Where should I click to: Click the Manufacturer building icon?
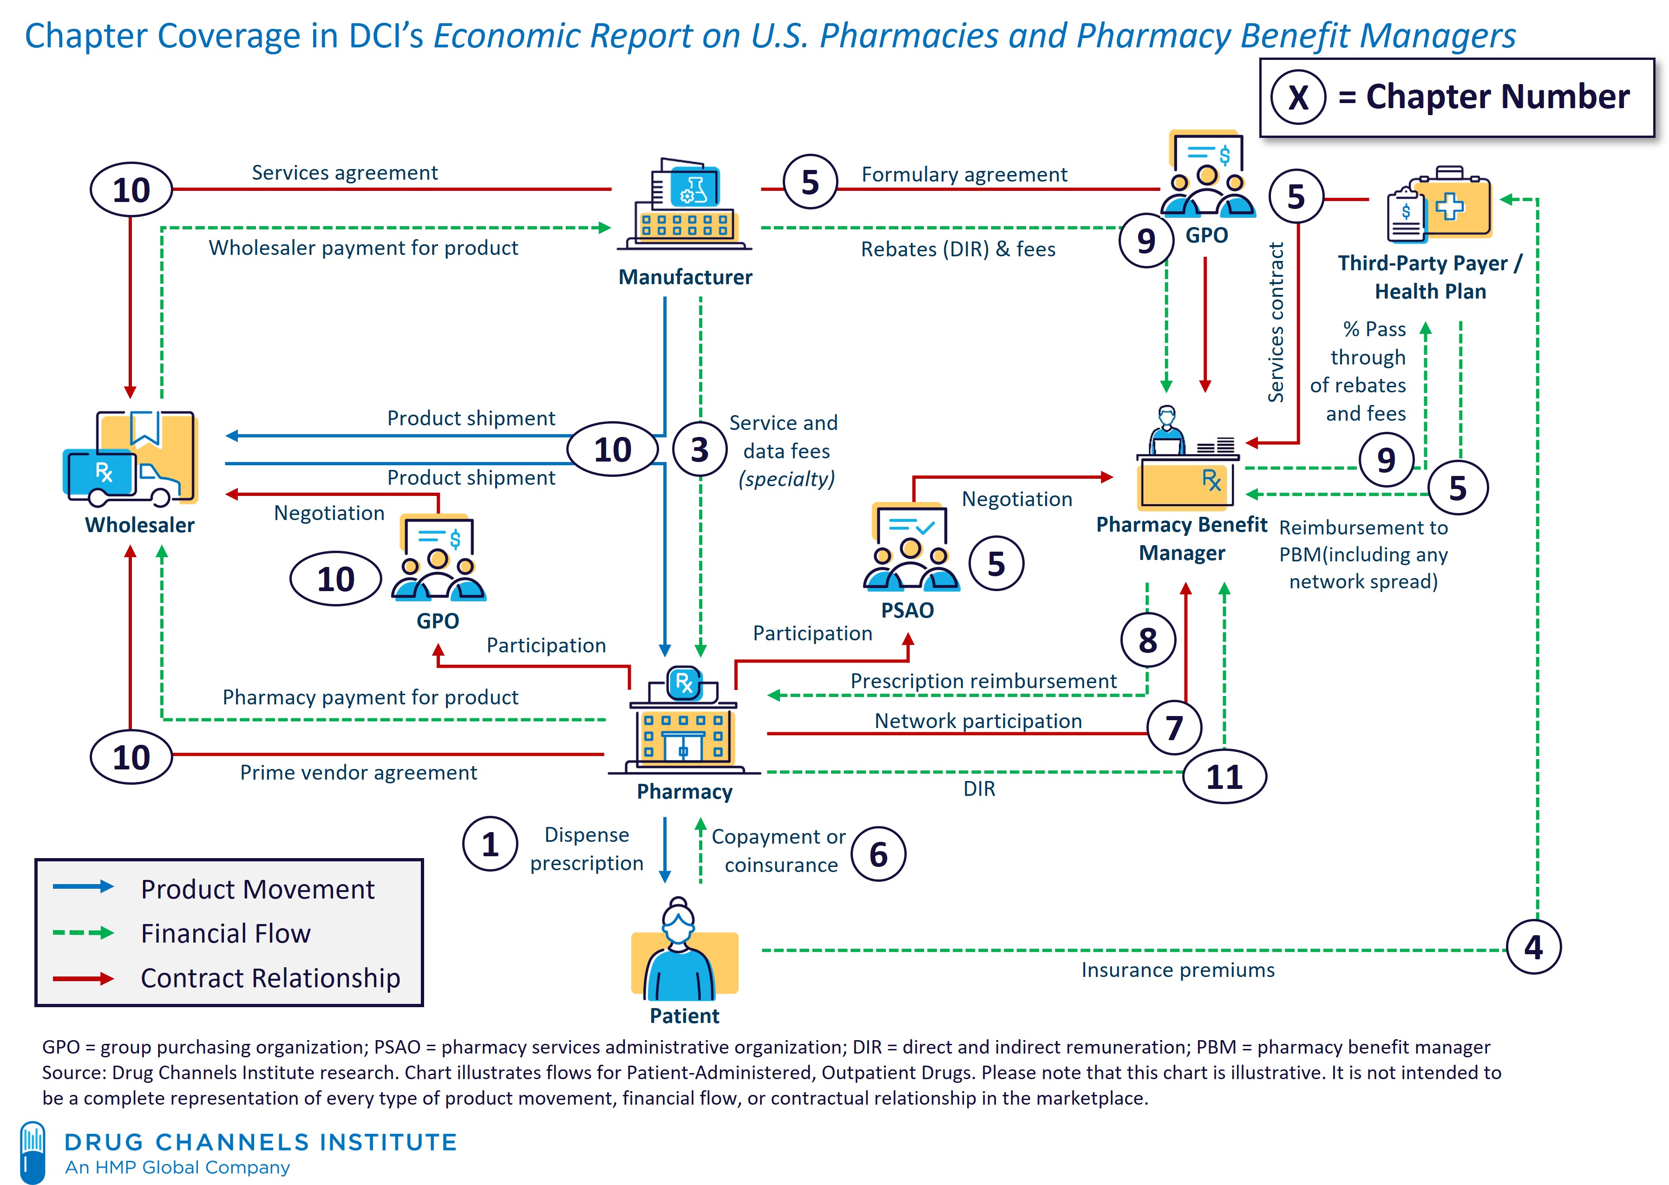click(685, 204)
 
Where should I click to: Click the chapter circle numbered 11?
click(1224, 776)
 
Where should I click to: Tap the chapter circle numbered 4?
click(1533, 947)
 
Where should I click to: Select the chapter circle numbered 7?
click(1173, 728)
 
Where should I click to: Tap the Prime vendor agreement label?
click(358, 773)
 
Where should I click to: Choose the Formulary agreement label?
click(964, 175)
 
